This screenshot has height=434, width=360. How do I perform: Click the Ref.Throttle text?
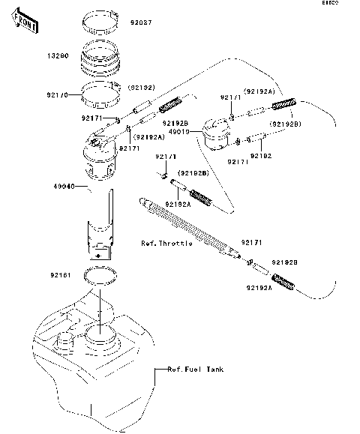coord(166,244)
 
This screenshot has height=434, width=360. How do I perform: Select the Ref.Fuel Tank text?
coord(195,370)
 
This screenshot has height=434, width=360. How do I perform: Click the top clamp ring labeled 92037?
coord(103,19)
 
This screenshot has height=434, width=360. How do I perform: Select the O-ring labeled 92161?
coord(101,275)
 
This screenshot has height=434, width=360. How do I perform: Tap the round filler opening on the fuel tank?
coord(100,334)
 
